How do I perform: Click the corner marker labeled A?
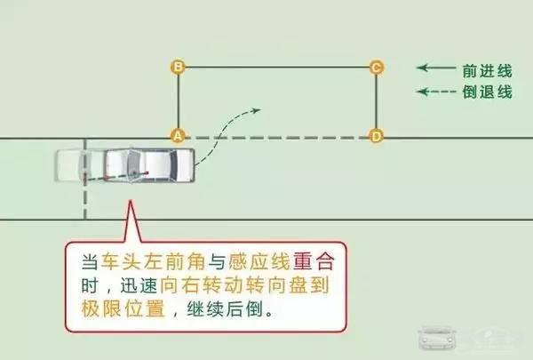coord(178,136)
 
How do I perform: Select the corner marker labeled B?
coord(178,67)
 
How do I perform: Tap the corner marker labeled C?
coord(376,67)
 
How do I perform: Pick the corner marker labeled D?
coord(376,136)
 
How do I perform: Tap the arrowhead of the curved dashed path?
coord(256,110)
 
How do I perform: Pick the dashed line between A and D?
coord(276,137)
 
